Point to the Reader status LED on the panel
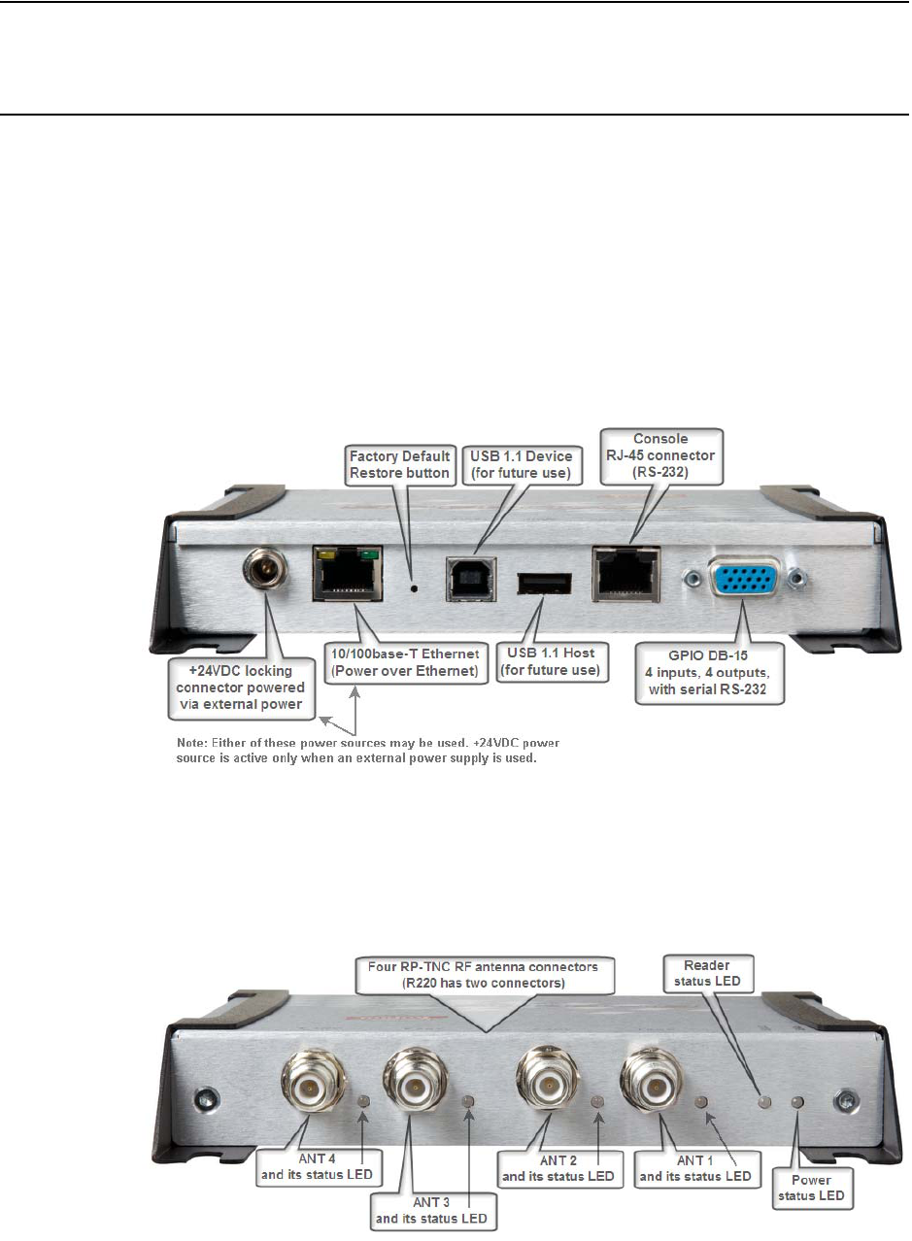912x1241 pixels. coord(764,1103)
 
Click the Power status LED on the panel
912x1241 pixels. coord(798,1102)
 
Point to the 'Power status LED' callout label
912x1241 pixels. coord(817,1186)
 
